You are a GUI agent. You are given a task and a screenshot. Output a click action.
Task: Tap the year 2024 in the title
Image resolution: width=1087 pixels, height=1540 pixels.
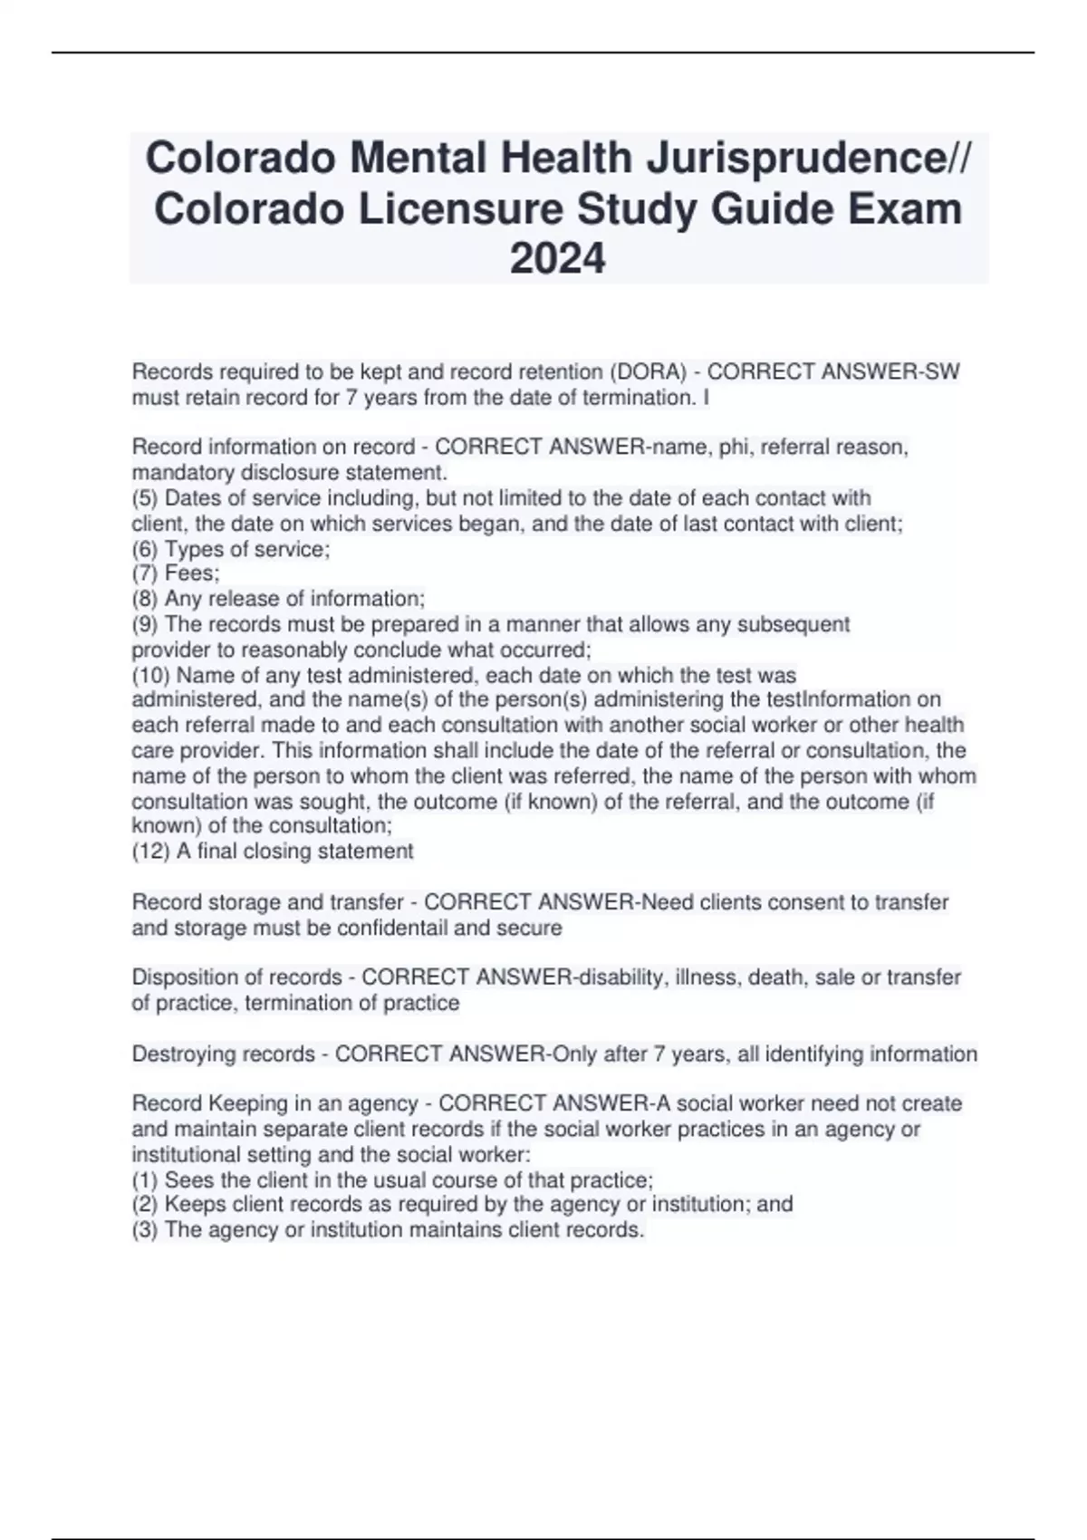tap(557, 259)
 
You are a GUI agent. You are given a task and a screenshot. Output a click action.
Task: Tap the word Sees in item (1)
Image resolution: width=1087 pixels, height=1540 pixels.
tap(186, 1181)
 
